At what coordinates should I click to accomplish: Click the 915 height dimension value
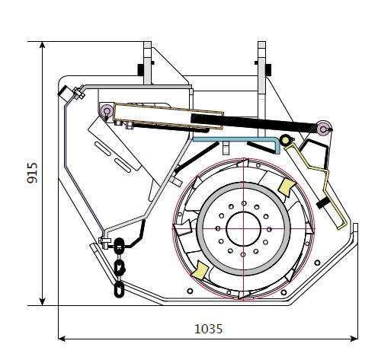32,173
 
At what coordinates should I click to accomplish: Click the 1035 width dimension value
208,329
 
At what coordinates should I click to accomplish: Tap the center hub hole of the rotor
244,229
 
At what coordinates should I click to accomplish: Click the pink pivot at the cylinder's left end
107,110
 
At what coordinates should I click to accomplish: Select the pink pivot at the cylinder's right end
323,129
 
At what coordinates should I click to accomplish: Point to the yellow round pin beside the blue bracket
285,139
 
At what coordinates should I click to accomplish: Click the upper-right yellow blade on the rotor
287,186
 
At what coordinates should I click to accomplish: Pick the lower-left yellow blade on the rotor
200,270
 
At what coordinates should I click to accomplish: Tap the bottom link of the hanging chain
119,289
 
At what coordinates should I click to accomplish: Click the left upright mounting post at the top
148,62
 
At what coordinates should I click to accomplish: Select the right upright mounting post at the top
261,89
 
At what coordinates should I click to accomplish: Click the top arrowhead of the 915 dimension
43,45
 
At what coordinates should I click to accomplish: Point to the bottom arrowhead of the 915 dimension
43,301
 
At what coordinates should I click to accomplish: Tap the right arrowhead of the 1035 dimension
354,339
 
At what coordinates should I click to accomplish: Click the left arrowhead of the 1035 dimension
62,339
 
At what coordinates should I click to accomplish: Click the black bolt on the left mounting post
141,68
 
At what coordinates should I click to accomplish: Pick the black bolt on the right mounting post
268,68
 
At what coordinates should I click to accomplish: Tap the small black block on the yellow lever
323,203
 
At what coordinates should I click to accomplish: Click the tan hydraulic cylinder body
168,116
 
